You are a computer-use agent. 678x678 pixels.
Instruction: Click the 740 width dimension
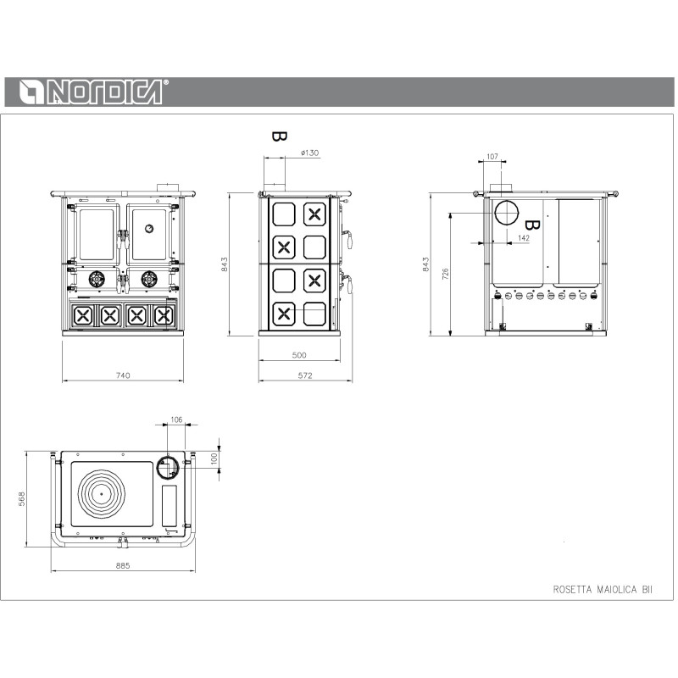tap(123, 375)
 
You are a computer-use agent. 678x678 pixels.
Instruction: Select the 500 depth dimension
tap(299, 355)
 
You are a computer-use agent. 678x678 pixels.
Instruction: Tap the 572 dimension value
tap(305, 375)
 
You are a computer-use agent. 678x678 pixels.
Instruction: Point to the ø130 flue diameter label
tap(309, 153)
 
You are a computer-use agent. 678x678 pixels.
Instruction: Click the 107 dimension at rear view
tap(492, 156)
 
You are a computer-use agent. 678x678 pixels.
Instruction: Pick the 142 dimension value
tap(523, 238)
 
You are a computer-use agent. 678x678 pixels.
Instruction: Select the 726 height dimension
tap(446, 274)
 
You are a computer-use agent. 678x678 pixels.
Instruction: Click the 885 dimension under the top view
tap(123, 565)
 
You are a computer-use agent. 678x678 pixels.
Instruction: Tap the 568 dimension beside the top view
tap(22, 498)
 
